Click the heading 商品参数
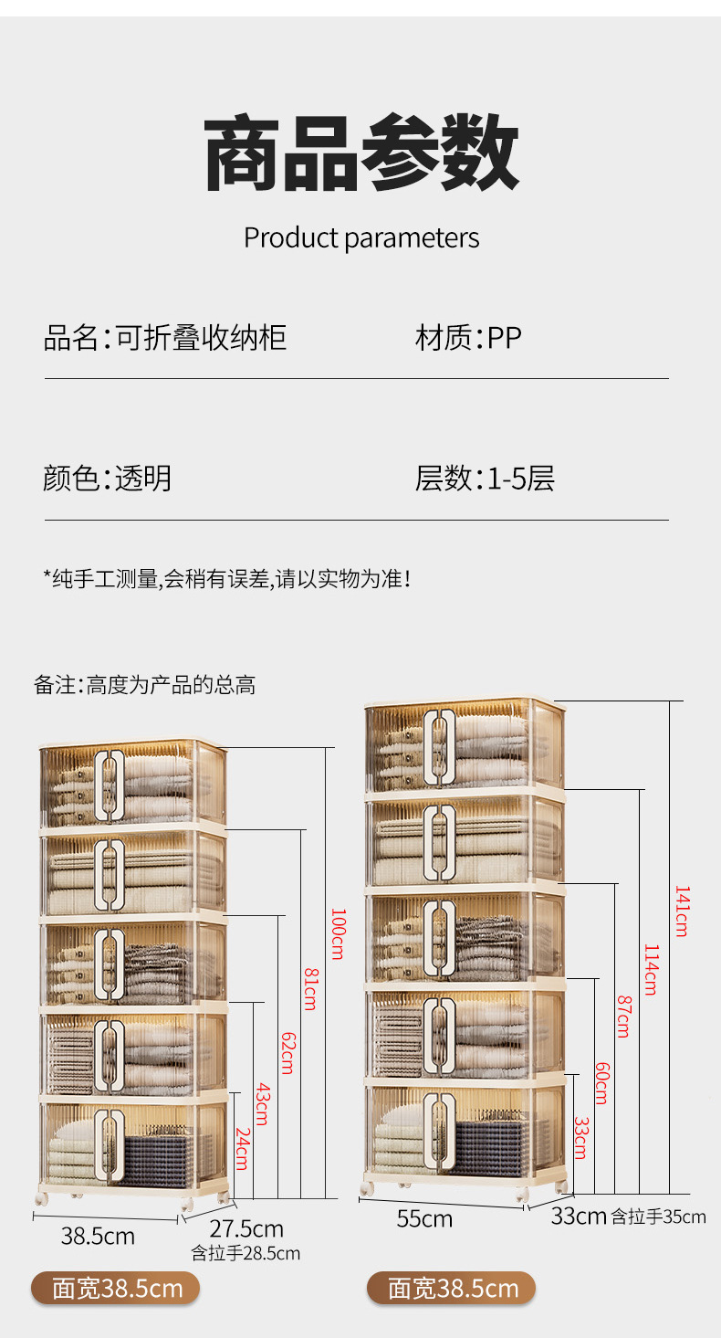360,152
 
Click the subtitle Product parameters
360,238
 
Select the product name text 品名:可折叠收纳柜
165,338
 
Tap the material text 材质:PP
468,338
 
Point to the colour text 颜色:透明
107,478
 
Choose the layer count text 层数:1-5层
485,478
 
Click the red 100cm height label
337,933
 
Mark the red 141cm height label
681,911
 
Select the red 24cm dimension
242,1148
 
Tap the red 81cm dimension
309,988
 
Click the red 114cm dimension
650,969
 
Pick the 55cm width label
424,1218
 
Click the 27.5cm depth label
246,1228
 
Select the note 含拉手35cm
658,1217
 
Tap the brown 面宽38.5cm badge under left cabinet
115,1289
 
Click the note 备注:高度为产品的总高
144,685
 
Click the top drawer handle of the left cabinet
110,783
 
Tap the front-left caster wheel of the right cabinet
367,1188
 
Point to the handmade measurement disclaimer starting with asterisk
227,578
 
